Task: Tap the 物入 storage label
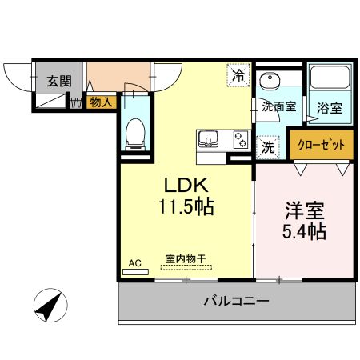[x=100, y=102]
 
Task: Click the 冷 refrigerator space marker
[x=238, y=75]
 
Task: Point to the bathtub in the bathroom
[x=330, y=79]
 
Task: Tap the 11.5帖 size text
[x=185, y=206]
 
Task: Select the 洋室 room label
[x=303, y=213]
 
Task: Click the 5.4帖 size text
[x=305, y=234]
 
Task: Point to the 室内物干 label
[x=186, y=258]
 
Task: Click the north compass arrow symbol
[x=48, y=307]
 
